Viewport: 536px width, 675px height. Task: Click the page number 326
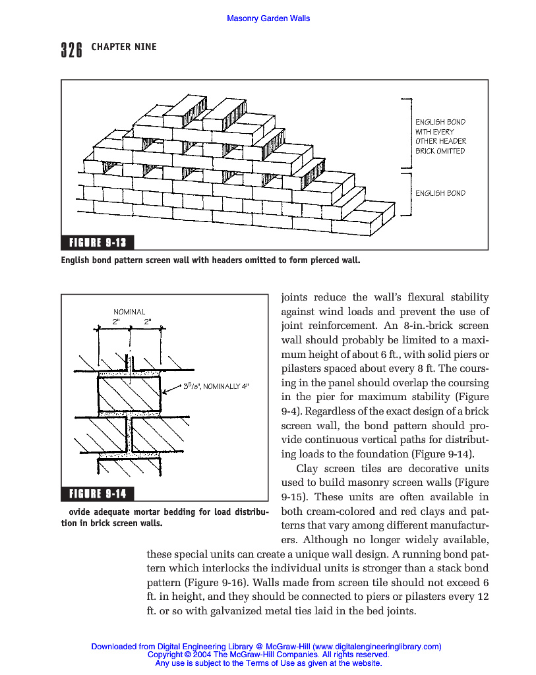71,50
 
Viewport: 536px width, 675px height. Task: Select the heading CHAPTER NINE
124,47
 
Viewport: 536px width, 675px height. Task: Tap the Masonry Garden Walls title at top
268,18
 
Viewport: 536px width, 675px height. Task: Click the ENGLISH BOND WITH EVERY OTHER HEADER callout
440,136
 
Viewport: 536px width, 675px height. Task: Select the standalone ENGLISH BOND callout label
440,193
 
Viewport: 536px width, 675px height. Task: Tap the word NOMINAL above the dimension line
129,312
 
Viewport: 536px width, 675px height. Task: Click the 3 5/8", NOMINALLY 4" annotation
217,387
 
